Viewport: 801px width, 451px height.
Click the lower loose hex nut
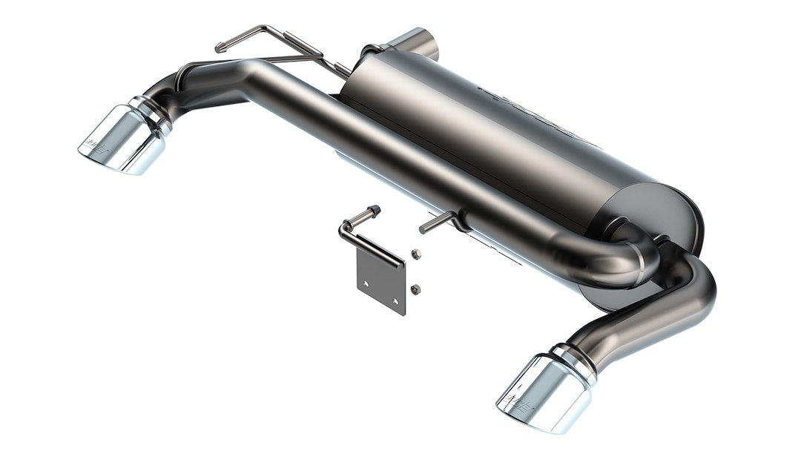415,288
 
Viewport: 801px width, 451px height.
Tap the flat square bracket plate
381,278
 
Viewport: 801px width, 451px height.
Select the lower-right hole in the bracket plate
396,301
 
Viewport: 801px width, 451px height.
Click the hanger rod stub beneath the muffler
438,221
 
